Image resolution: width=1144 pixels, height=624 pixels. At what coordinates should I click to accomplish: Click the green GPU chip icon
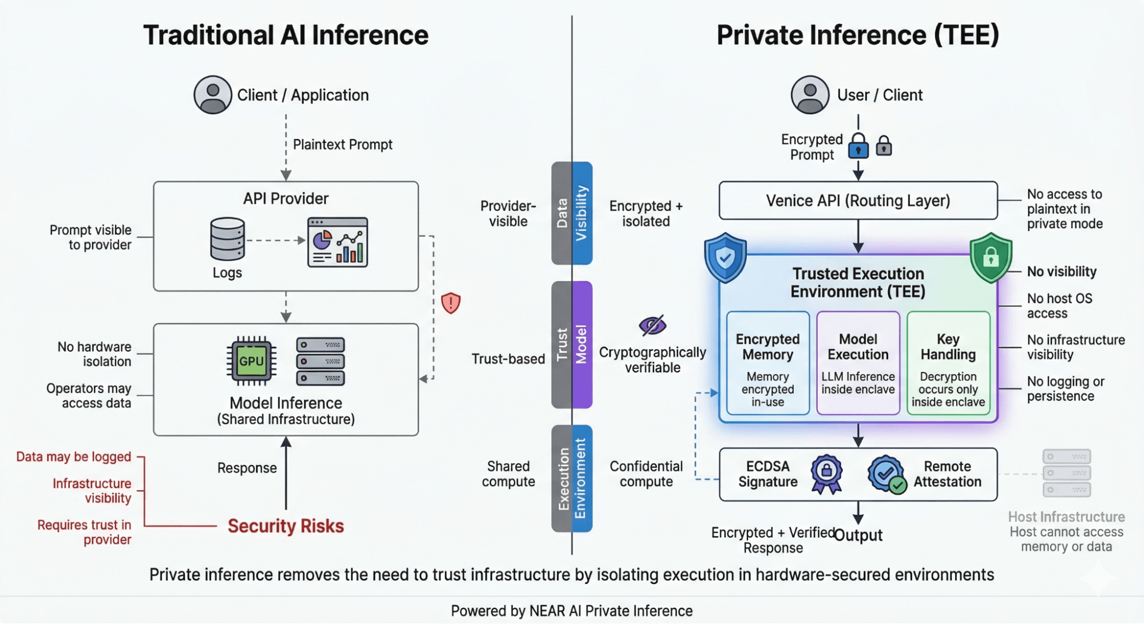(251, 361)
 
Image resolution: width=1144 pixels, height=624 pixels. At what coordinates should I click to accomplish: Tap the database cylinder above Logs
(227, 239)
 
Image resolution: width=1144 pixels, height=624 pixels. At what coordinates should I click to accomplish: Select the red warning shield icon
(451, 303)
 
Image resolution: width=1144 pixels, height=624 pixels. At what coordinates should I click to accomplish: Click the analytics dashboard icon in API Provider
(338, 242)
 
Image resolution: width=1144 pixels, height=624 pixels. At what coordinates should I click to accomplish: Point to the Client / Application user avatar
(212, 95)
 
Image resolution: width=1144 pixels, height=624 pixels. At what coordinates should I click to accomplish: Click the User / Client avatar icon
(810, 95)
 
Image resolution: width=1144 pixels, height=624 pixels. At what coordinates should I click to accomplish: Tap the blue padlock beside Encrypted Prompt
(858, 146)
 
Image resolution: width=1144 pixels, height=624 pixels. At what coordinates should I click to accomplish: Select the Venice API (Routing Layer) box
(857, 201)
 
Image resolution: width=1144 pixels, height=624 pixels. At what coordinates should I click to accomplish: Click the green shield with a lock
(991, 257)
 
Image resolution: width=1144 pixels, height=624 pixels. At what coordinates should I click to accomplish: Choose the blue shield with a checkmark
(725, 257)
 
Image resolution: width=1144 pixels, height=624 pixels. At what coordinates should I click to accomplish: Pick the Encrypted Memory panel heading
(767, 347)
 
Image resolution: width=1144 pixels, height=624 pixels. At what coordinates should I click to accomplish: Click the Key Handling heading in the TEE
(948, 347)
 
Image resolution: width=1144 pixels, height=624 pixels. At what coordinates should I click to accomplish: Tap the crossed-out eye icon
(652, 325)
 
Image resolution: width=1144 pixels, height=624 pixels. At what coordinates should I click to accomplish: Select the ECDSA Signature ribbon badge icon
(826, 474)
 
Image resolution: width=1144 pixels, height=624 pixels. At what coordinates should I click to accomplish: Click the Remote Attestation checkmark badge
(886, 474)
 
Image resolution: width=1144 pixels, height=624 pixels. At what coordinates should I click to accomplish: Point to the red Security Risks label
(286, 526)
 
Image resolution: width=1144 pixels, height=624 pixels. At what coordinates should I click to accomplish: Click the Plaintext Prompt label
(342, 145)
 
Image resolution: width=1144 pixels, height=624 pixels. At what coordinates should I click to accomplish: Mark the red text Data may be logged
(74, 456)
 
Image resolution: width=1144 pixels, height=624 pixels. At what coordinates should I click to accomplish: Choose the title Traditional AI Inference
(286, 35)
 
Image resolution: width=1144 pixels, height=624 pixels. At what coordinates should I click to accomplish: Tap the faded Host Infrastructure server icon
(1066, 473)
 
